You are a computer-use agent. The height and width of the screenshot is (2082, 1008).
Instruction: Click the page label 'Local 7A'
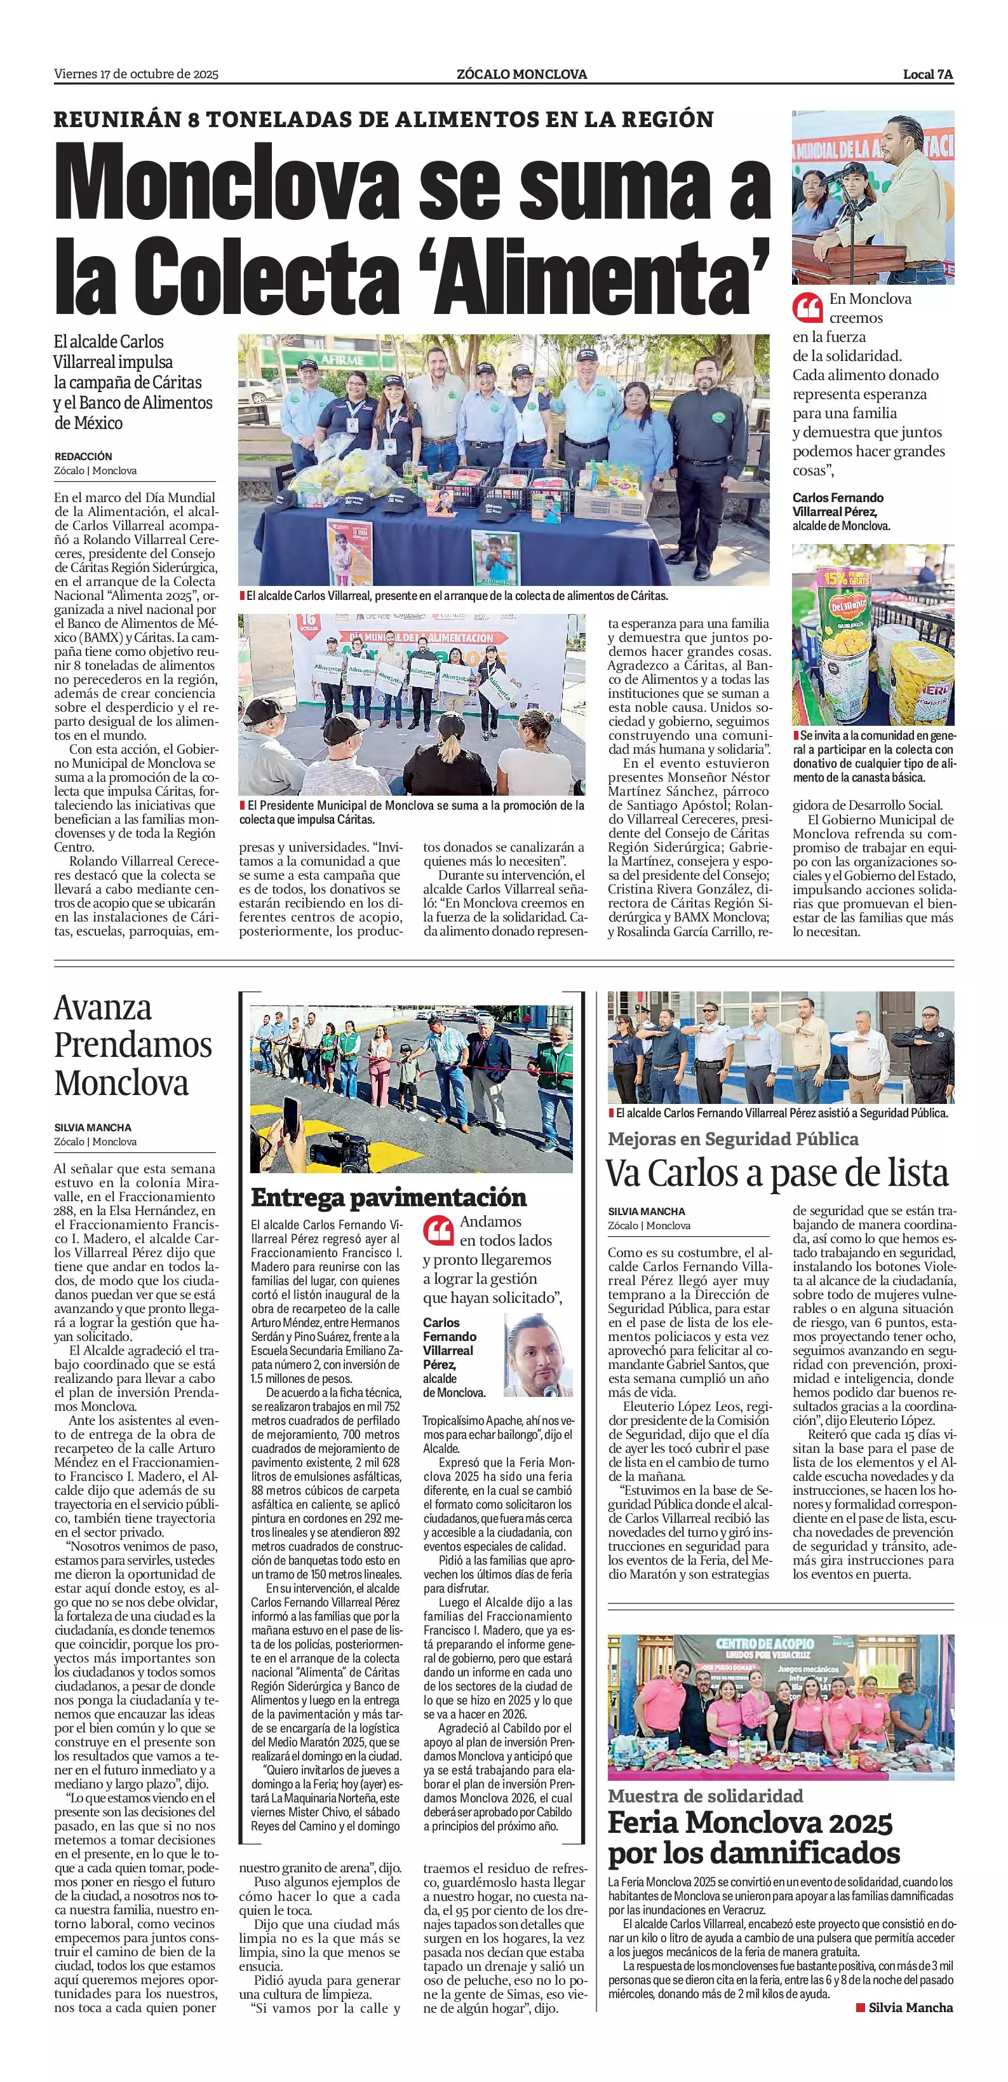[x=927, y=74]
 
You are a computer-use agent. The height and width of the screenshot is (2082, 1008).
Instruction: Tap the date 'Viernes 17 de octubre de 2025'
[x=137, y=74]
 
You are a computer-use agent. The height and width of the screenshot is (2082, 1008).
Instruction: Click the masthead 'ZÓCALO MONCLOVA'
[x=521, y=74]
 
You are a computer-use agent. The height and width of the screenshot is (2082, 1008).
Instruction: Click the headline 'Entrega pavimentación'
[x=389, y=1197]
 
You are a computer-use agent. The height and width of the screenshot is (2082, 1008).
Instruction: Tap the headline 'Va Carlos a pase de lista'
[x=777, y=1174]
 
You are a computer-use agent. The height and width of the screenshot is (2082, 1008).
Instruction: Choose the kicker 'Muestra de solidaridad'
[x=705, y=1796]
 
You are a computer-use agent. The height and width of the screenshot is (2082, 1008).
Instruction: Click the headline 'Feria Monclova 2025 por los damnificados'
[x=753, y=1838]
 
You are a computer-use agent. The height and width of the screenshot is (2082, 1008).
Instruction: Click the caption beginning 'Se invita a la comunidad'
[x=872, y=756]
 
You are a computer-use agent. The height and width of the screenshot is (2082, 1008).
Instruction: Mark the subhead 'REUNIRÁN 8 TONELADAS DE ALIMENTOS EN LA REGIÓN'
[x=384, y=119]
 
